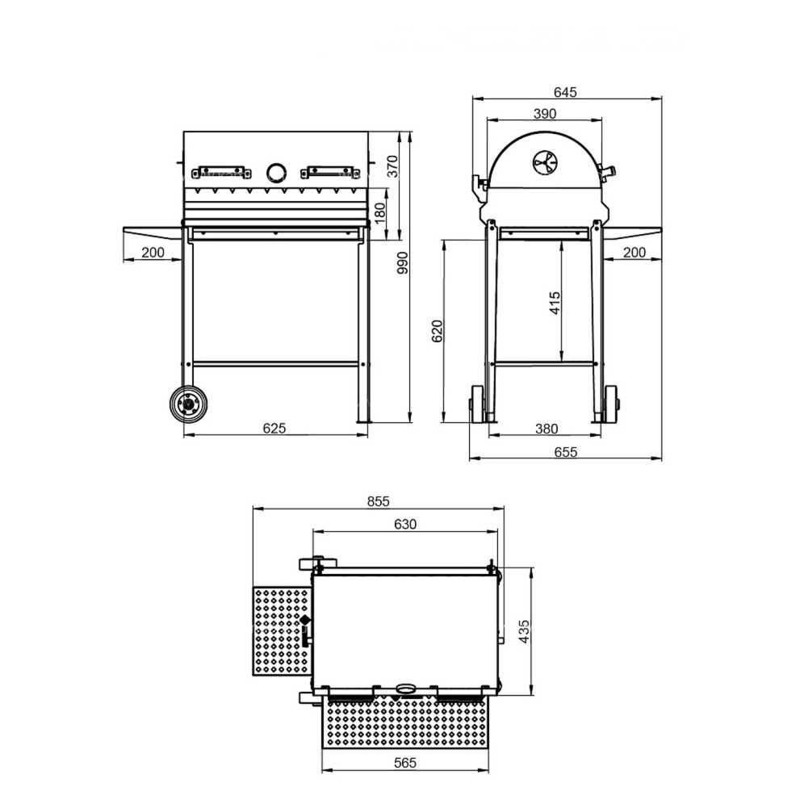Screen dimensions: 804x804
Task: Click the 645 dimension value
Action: (x=565, y=92)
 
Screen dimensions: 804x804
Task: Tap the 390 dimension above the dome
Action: (x=545, y=114)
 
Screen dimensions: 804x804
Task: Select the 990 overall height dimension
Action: (x=403, y=262)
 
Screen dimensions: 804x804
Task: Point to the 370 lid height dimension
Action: (x=392, y=166)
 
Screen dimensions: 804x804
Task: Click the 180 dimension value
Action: (x=380, y=213)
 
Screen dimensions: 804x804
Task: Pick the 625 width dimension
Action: (x=274, y=428)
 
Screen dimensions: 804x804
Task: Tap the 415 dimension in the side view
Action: (x=555, y=303)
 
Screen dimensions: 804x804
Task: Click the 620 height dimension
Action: (x=437, y=331)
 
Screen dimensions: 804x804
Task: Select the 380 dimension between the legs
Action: (x=546, y=428)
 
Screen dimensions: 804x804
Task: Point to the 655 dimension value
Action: (x=566, y=452)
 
